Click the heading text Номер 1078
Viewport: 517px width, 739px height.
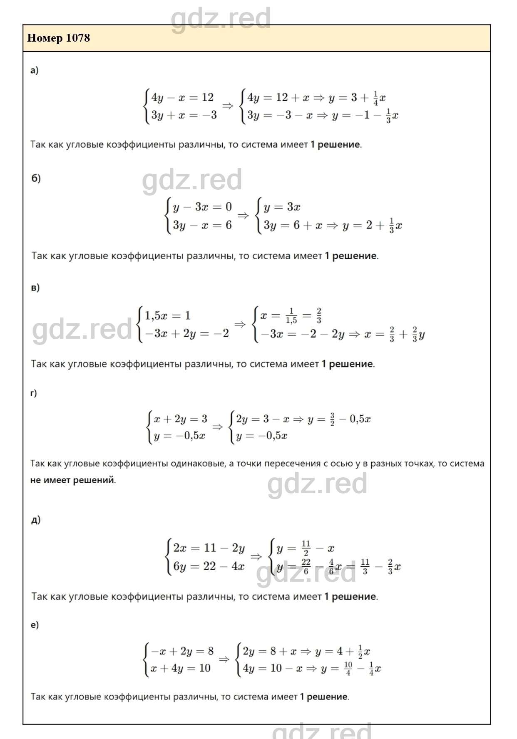coord(58,38)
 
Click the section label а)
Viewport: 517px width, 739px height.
coord(34,70)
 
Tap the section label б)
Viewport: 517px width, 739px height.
coord(36,179)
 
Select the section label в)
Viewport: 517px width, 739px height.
coord(35,288)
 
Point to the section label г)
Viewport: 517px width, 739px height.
coord(34,393)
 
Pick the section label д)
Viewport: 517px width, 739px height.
coord(36,520)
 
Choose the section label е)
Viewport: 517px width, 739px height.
coord(35,625)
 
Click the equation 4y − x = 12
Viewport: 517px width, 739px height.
coord(182,97)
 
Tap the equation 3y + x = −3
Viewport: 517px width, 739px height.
coord(184,115)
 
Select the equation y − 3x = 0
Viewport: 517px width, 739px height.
coord(202,207)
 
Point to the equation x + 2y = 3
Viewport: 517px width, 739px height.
coord(180,419)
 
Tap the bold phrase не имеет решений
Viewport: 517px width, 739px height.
coord(72,480)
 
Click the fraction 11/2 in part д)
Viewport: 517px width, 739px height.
coord(306,548)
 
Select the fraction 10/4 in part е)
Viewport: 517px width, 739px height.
coord(348,668)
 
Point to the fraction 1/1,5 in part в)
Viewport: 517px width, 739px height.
coord(291,315)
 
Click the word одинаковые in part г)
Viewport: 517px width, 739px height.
coord(198,464)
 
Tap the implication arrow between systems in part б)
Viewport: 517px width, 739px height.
coord(243,216)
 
